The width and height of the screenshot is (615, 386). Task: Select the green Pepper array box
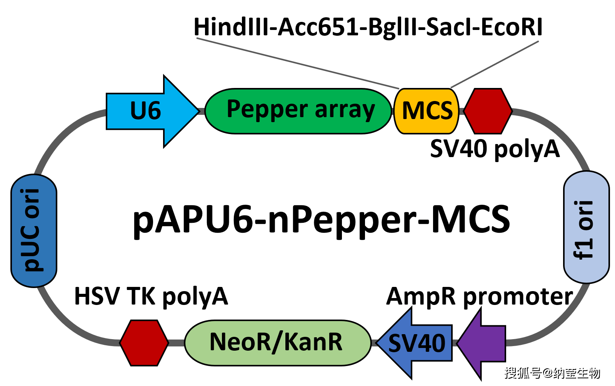tap(298, 111)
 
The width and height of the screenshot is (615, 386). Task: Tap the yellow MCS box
tap(427, 111)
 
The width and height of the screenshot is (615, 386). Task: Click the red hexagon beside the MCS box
tap(488, 111)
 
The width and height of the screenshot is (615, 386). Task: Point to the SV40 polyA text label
tap(494, 149)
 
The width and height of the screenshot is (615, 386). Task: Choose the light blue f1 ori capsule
tap(586, 227)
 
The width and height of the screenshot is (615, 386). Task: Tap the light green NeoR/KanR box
tap(277, 342)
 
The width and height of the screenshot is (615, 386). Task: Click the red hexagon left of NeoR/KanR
tap(144, 342)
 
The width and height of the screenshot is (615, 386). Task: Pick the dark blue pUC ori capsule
tap(34, 230)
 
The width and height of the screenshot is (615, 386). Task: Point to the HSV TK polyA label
tap(151, 297)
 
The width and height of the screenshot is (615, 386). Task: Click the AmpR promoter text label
tap(479, 297)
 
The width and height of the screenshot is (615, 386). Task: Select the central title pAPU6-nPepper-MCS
tap(321, 220)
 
